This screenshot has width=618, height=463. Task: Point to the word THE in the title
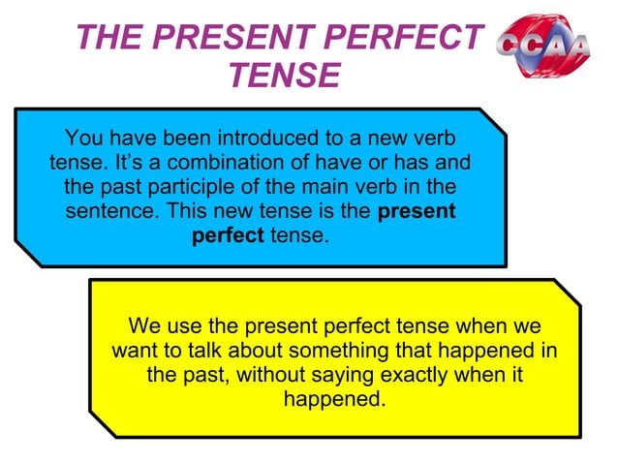coord(105,39)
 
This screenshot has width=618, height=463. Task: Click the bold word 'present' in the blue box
coord(416,210)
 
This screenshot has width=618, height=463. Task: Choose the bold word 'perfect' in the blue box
coord(228,234)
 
